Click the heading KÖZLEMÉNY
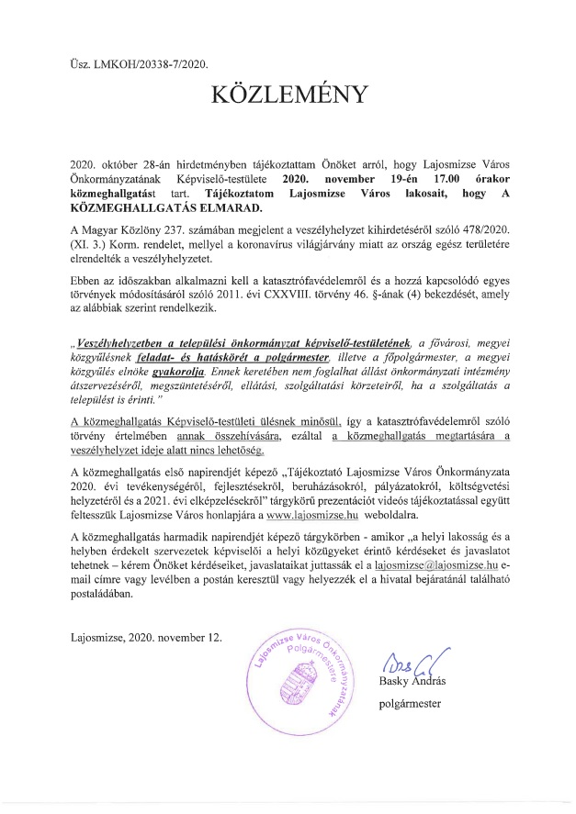coord(288,95)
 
